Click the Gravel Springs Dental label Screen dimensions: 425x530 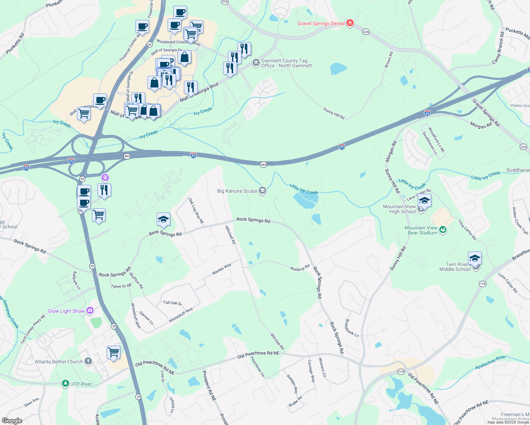point(321,24)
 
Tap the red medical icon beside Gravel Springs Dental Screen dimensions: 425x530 point(350,23)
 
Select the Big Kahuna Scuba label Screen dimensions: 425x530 point(237,191)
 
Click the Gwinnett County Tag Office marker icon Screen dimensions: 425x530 point(256,63)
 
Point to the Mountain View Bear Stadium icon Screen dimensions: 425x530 point(442,230)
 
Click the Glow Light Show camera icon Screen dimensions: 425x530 point(90,311)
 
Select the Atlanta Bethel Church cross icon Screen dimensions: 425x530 point(88,362)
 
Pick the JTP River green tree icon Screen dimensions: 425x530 point(65,384)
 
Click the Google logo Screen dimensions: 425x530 point(12,421)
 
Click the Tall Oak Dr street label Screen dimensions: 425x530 point(173,303)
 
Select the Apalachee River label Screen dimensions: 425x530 point(491,363)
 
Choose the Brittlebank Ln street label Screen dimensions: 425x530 point(351,328)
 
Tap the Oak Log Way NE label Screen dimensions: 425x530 point(196,211)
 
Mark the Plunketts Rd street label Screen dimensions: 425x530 point(15,44)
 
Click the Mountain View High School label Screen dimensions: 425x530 point(399,209)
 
